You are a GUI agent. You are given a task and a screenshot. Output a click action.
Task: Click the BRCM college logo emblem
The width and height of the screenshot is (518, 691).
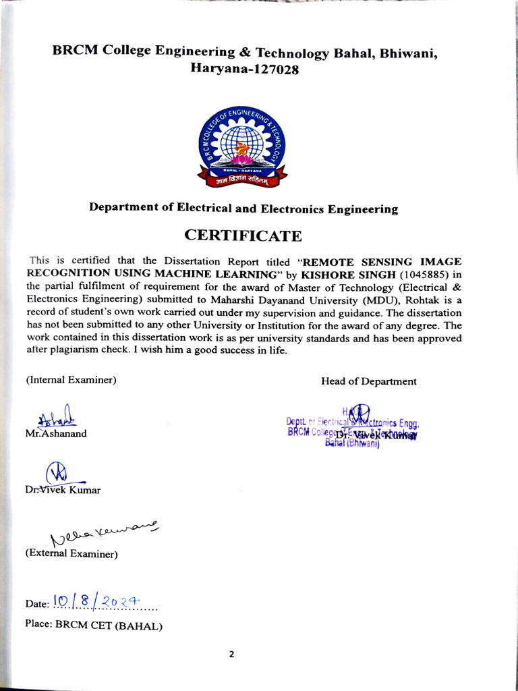tap(242, 146)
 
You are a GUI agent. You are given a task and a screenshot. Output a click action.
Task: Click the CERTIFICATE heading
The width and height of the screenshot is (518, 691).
tap(243, 236)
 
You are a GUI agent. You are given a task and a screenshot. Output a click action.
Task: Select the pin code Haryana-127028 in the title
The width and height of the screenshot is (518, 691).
tap(244, 69)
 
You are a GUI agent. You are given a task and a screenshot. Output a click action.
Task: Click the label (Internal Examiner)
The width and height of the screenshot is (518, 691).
tap(71, 380)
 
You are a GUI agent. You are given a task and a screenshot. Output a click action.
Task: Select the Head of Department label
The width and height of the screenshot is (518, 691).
tap(368, 381)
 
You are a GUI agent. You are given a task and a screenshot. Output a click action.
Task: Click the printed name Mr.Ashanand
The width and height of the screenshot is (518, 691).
tap(56, 434)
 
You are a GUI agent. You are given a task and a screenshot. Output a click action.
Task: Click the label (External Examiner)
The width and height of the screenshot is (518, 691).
tap(71, 555)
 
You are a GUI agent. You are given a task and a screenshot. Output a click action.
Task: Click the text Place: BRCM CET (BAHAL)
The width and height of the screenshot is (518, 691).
tap(94, 625)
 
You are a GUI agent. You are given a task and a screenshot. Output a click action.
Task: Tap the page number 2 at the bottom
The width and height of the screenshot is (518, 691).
tap(231, 654)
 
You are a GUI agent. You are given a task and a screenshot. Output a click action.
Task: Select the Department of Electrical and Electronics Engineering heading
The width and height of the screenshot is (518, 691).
tap(243, 209)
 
